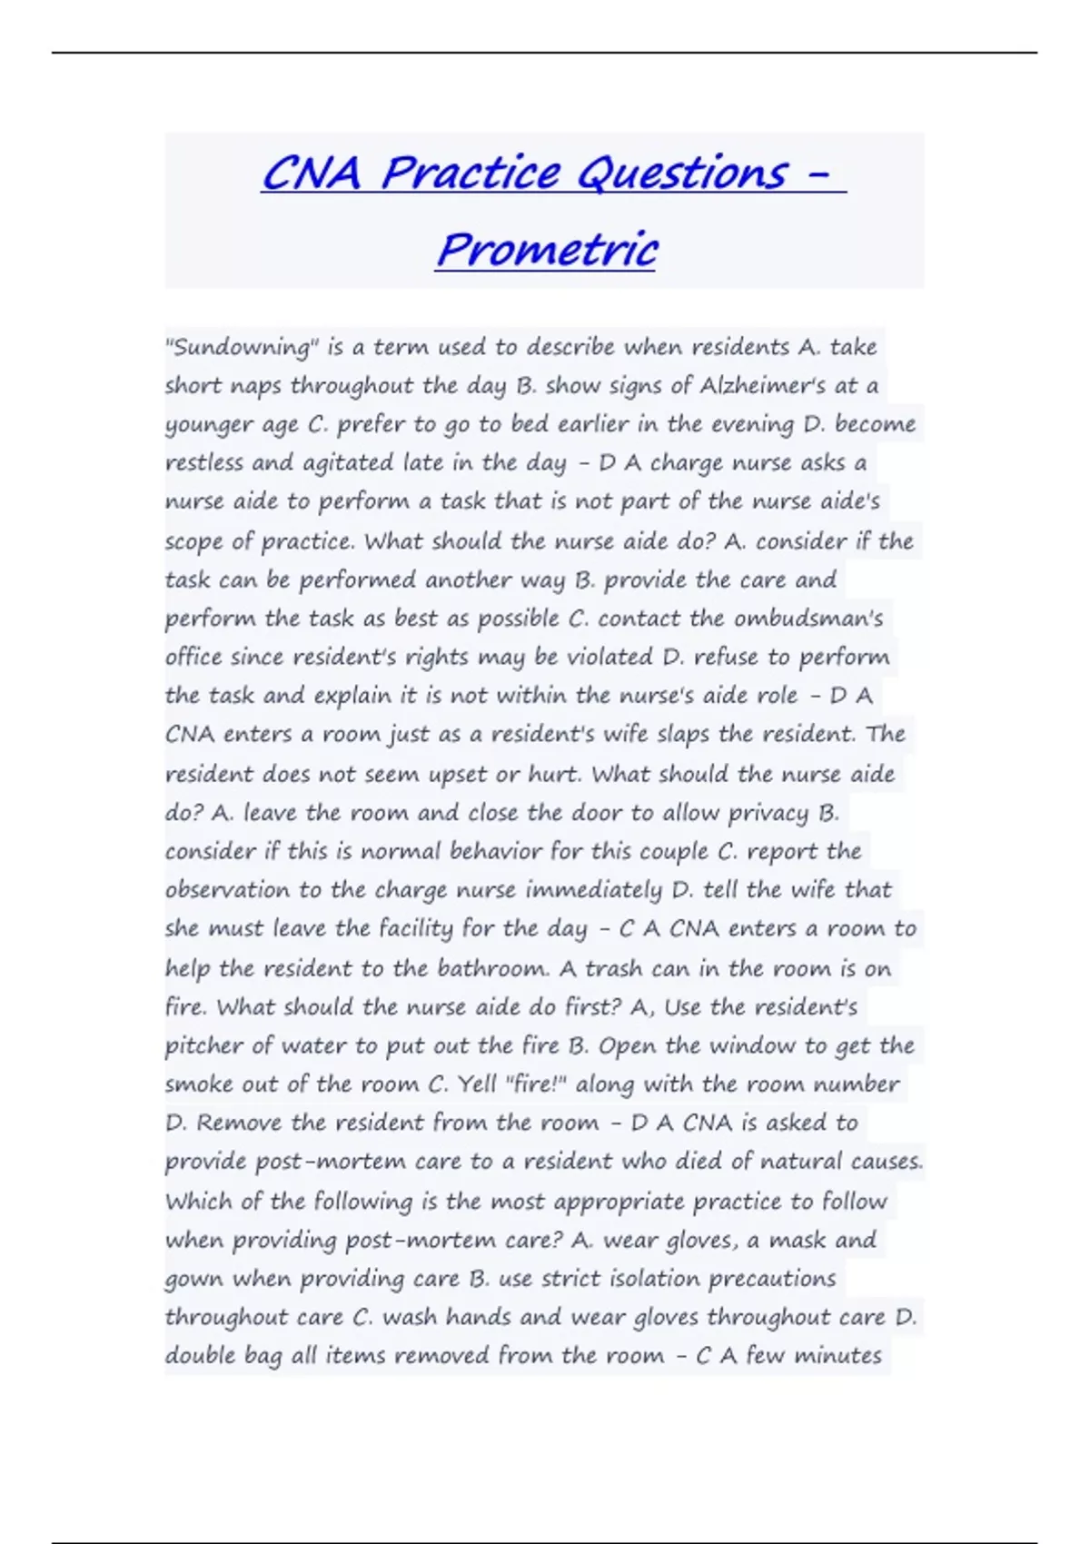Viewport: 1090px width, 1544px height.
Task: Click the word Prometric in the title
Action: (546, 249)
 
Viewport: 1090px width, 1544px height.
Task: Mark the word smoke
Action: (198, 1084)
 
